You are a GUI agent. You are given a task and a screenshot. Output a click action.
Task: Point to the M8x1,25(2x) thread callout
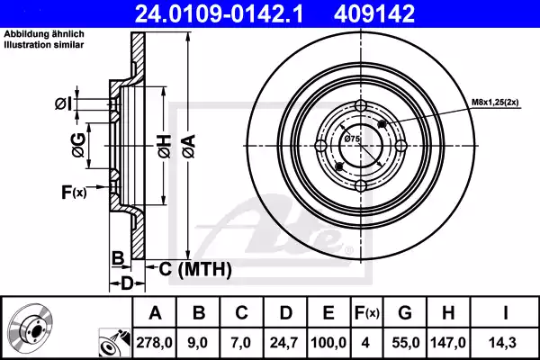495,103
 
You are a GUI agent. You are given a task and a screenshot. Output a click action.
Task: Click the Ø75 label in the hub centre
352,139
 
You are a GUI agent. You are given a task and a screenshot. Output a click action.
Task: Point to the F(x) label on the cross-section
74,191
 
